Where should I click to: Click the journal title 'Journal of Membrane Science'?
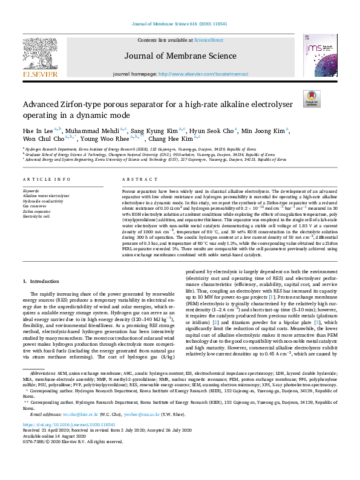[180, 57]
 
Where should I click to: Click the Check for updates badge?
[312, 99]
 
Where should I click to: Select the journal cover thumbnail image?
[319, 55]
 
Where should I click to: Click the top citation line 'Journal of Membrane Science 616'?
[179, 24]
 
